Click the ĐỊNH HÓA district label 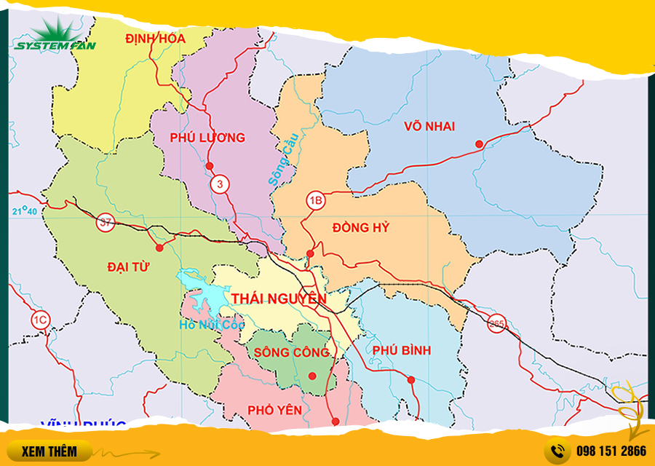[x=155, y=38]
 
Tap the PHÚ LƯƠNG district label [x=207, y=138]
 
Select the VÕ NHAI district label [x=429, y=127]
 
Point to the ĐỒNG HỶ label [x=361, y=228]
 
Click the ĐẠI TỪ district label [x=128, y=266]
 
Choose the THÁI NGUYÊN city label [x=279, y=299]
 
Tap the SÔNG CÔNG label [x=292, y=352]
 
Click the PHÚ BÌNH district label [x=401, y=350]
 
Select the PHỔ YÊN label [x=274, y=410]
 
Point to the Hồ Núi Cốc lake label [x=211, y=325]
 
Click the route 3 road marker [x=219, y=185]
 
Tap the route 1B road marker [x=315, y=200]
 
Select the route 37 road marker [x=106, y=223]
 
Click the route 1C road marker [x=40, y=318]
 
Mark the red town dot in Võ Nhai [x=479, y=144]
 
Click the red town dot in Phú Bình [x=411, y=379]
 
